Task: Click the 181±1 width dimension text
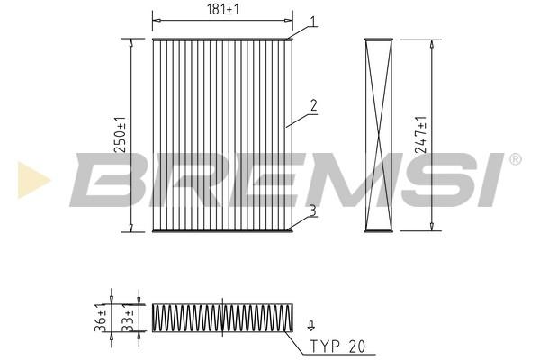click(222, 9)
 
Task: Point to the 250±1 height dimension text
click(121, 135)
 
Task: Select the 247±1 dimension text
click(420, 135)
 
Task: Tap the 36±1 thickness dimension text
click(100, 318)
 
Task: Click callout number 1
click(312, 22)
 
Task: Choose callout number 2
click(313, 105)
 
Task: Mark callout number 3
click(312, 211)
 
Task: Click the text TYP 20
click(337, 346)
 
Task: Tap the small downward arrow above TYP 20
click(311, 326)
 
